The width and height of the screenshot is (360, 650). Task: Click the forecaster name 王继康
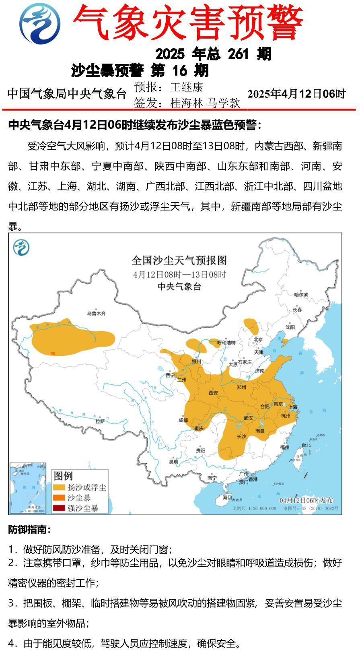point(187,87)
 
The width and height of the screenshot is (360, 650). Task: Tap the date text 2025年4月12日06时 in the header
point(296,94)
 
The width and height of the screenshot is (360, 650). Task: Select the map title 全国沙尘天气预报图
point(179,260)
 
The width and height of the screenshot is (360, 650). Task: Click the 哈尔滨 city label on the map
point(300,295)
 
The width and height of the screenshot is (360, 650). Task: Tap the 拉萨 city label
point(100,421)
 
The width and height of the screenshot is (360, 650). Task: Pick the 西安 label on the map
point(213,392)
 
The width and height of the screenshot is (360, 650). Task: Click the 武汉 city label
point(248,418)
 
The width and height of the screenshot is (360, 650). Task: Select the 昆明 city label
point(174,462)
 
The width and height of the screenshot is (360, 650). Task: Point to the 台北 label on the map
point(306,445)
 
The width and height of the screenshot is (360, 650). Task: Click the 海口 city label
point(227,497)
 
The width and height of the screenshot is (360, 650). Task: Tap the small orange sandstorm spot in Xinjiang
point(53,353)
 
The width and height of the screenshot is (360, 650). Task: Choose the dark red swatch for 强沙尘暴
point(59,508)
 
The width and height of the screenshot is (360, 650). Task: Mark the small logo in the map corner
point(21,247)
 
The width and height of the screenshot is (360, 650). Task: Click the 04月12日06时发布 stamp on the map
point(306,500)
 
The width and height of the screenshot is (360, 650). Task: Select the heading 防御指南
point(29,530)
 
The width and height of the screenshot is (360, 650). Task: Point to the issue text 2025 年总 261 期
point(213,54)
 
